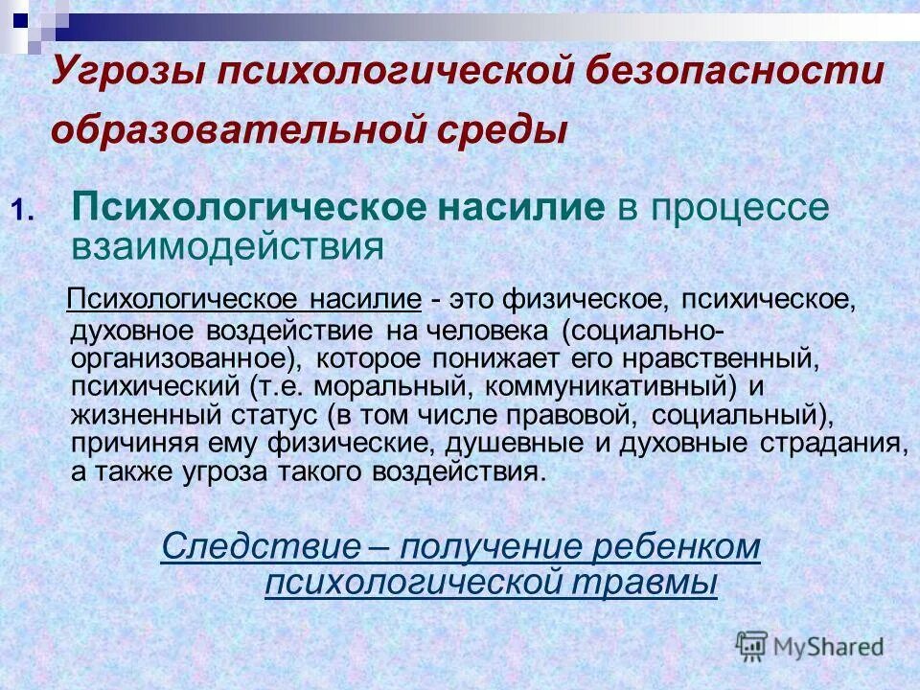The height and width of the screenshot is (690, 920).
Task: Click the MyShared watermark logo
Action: [810, 647]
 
